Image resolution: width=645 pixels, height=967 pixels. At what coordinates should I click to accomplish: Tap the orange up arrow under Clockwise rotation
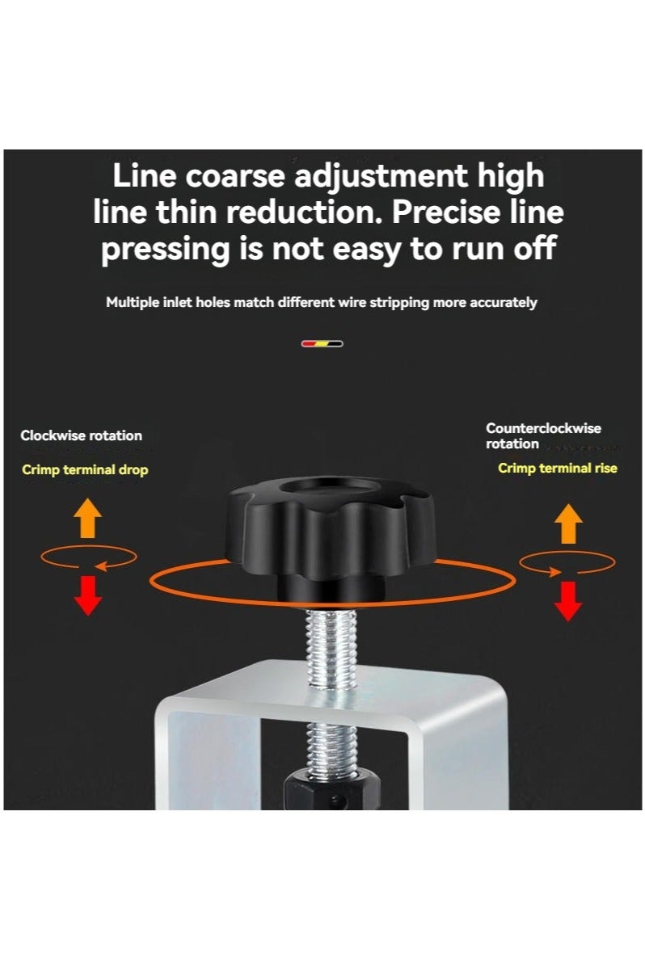(x=88, y=519)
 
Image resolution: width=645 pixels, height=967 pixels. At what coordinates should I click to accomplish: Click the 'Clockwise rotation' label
(x=81, y=435)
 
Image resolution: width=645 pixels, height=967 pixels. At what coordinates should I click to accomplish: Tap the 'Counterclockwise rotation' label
(x=543, y=435)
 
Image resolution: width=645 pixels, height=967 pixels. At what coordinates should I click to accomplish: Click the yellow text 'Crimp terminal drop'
(x=85, y=469)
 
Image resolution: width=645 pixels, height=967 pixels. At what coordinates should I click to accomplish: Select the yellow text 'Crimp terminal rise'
(x=557, y=468)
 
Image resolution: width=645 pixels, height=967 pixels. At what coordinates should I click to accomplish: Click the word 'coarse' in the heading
(x=220, y=175)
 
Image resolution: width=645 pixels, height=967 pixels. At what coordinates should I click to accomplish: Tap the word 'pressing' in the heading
(x=165, y=249)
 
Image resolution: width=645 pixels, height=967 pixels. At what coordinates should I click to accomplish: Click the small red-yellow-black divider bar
(x=322, y=343)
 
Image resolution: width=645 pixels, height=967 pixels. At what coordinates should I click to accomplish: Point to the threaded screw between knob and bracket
(x=331, y=646)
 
